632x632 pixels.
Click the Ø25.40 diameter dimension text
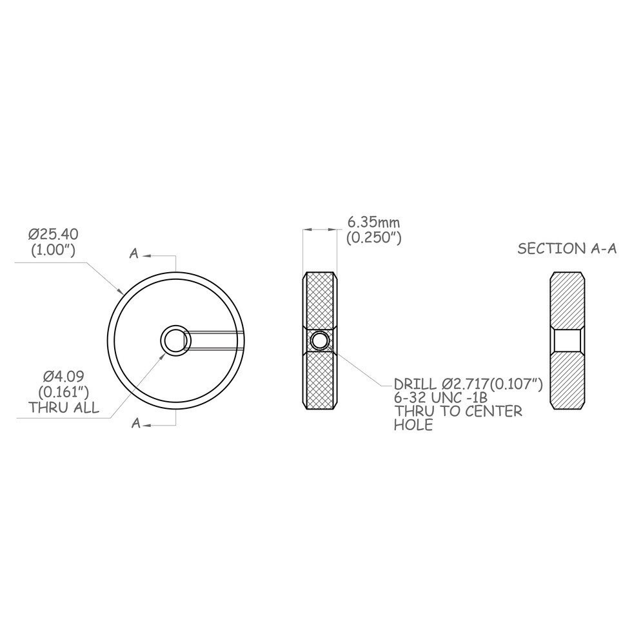53,234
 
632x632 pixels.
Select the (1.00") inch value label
53,250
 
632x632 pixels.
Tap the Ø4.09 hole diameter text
64,377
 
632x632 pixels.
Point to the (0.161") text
64,392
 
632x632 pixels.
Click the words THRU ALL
64,408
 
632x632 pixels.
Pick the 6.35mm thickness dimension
373,222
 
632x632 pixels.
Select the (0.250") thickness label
373,238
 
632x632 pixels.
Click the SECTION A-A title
567,249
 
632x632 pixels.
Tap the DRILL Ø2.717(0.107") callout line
468,384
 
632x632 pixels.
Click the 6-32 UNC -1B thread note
440,398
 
